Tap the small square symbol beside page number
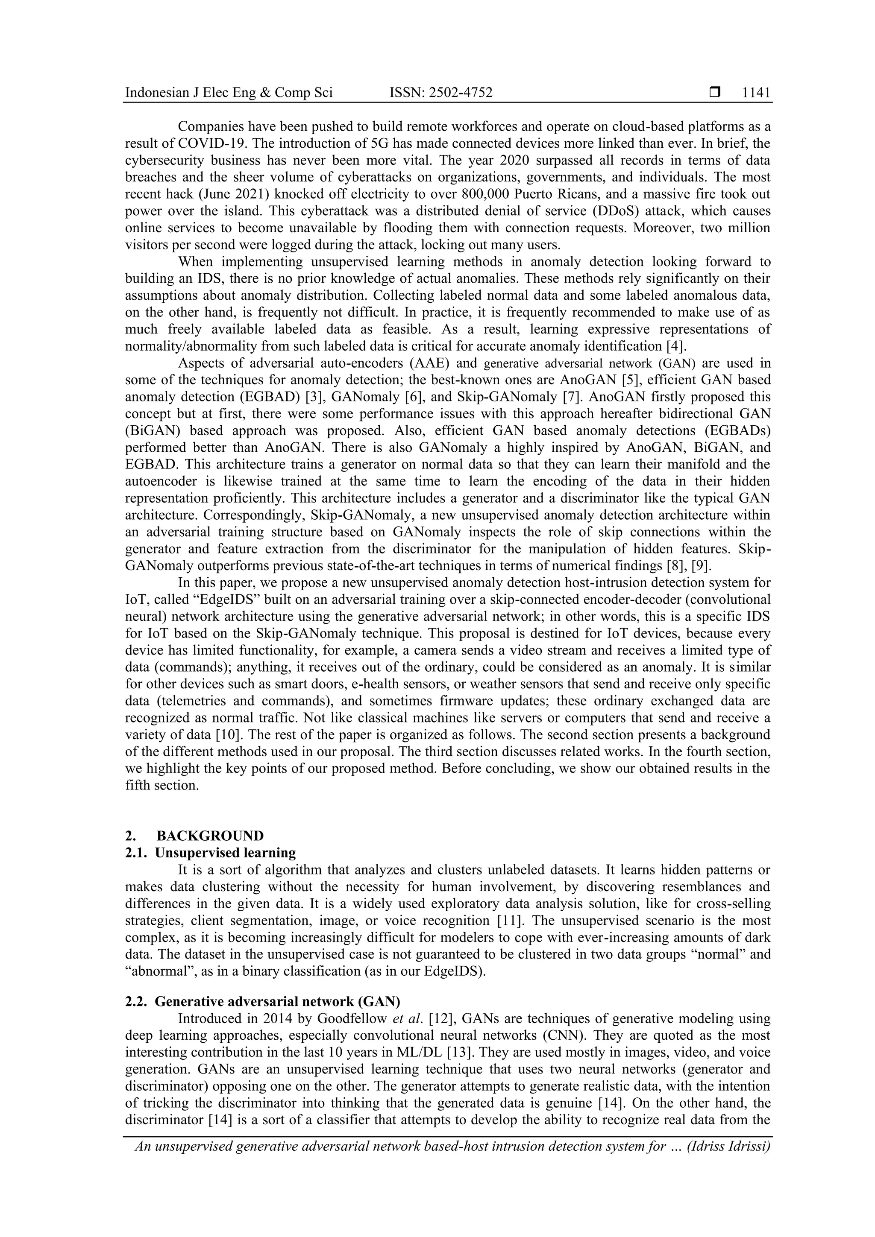coord(715,93)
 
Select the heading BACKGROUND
coord(210,836)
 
